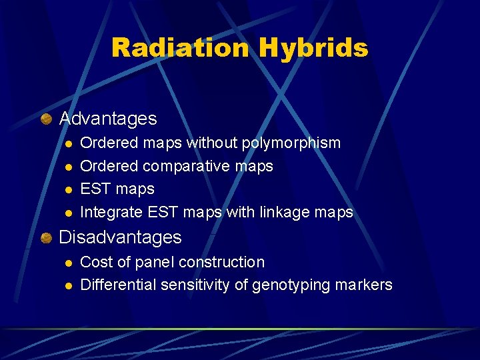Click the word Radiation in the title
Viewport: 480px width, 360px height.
coord(180,48)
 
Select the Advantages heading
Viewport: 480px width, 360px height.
coord(108,119)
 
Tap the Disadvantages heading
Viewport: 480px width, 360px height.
coord(120,237)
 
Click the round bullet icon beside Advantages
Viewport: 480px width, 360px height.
coord(45,119)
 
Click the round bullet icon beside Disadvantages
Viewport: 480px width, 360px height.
coord(45,237)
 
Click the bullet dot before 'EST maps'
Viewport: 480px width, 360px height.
coord(67,190)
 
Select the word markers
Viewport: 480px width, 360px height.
coord(364,285)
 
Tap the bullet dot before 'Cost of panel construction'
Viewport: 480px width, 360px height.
coord(67,263)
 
